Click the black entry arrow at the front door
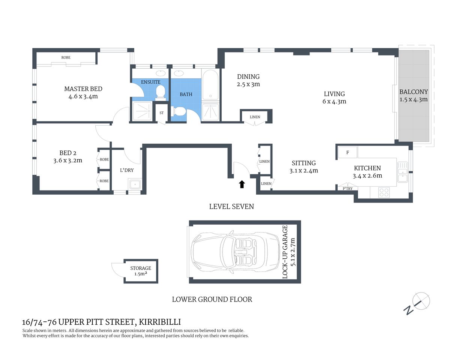pyautogui.click(x=242, y=184)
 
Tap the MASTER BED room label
pyautogui.click(x=83, y=89)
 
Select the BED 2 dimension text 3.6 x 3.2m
pyautogui.click(x=68, y=160)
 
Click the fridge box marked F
pyautogui.click(x=347, y=152)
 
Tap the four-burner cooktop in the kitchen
pyautogui.click(x=384, y=192)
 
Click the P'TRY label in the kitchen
pyautogui.click(x=347, y=189)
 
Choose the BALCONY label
pyautogui.click(x=413, y=92)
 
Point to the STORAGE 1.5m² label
pyautogui.click(x=141, y=271)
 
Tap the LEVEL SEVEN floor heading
pyautogui.click(x=231, y=207)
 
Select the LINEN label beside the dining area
pyautogui.click(x=255, y=117)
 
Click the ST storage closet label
pyautogui.click(x=162, y=113)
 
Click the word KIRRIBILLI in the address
pyautogui.click(x=160, y=322)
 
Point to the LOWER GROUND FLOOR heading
pyautogui.click(x=212, y=299)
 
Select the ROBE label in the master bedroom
pyautogui.click(x=66, y=57)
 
